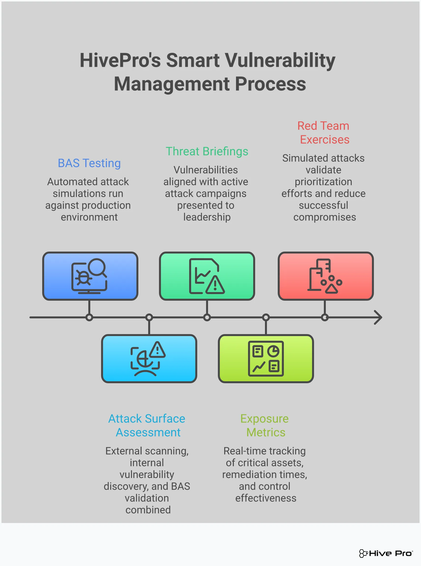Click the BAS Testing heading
click(x=89, y=163)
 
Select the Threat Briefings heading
click(x=207, y=151)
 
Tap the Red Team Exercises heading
click(x=324, y=133)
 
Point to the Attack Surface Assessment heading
click(x=147, y=425)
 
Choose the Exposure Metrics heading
click(x=265, y=425)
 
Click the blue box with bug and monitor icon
click(x=90, y=276)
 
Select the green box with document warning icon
click(x=207, y=276)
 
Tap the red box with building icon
click(x=325, y=276)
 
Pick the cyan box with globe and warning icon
click(x=149, y=358)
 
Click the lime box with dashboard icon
click(x=266, y=358)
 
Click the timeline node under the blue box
click(x=89, y=317)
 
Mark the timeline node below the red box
click(x=325, y=317)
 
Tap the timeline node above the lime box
click(x=266, y=317)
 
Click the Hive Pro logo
click(x=386, y=553)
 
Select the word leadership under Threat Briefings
click(x=207, y=217)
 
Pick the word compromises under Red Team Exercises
click(x=324, y=217)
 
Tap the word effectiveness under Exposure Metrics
click(x=265, y=498)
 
